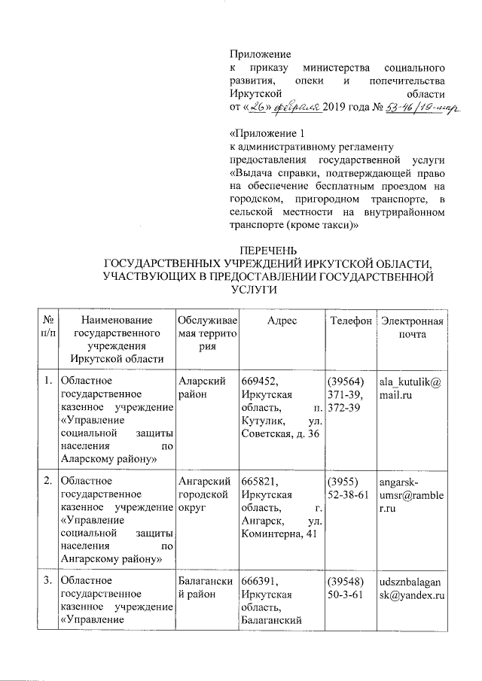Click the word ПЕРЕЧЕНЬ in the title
(269, 250)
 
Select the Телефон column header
(351, 321)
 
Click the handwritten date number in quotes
(261, 108)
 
